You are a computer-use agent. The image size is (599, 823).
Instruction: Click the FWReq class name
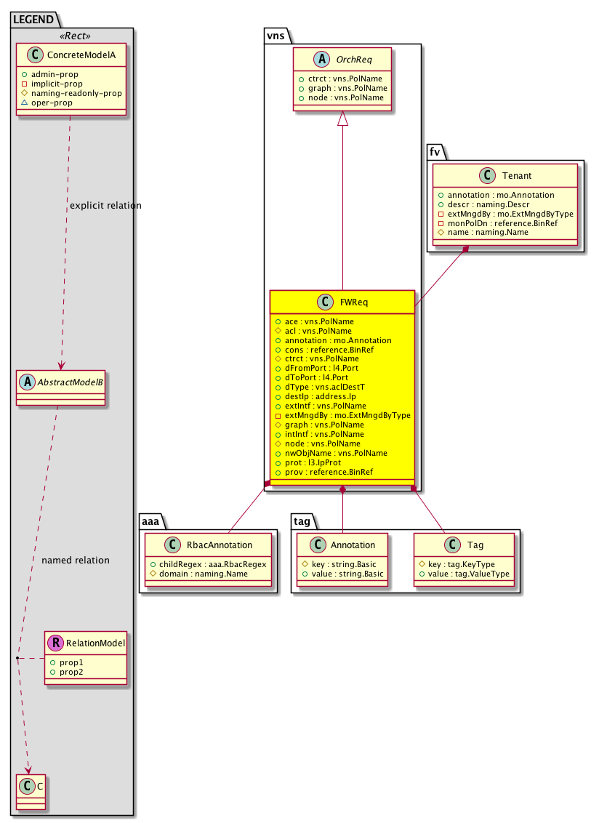(352, 302)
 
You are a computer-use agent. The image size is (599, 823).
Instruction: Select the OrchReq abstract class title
(353, 60)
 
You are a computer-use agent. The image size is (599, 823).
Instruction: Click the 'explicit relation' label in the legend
(105, 206)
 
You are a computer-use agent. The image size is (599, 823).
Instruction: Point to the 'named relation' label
(76, 561)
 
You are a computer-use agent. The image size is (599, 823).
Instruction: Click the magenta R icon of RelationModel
(55, 643)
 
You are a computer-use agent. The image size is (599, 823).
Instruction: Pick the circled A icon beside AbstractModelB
(27, 380)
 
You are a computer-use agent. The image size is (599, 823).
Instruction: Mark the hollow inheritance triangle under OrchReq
(344, 121)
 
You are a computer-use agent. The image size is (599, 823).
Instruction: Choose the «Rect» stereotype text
(71, 36)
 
